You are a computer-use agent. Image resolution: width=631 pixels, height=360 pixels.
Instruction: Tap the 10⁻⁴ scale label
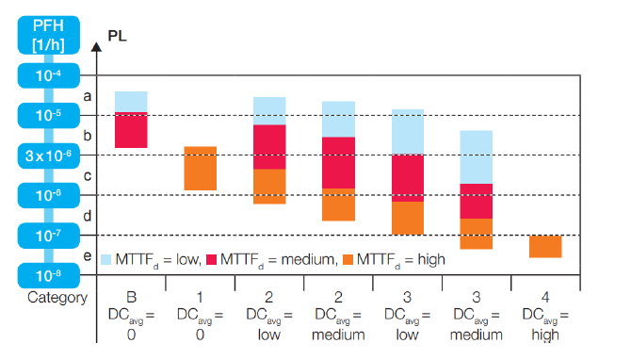pos(45,75)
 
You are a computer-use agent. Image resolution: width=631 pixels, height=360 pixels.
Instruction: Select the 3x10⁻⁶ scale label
pos(45,155)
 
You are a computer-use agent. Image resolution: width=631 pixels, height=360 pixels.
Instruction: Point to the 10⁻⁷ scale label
pos(45,236)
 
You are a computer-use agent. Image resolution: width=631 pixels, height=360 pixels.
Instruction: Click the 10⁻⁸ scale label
pos(45,275)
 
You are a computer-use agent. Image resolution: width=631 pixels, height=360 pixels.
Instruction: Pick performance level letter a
pos(88,95)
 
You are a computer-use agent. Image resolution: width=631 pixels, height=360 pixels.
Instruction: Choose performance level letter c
pos(88,175)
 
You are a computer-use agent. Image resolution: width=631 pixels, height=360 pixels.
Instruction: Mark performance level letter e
pos(88,255)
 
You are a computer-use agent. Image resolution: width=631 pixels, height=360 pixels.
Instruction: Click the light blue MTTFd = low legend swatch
pos(106,259)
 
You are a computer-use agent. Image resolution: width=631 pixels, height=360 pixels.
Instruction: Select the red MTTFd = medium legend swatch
pos(212,259)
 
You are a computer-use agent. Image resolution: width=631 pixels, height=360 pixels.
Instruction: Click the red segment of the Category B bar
pos(131,130)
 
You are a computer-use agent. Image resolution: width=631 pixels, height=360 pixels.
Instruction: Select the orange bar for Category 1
pos(200,169)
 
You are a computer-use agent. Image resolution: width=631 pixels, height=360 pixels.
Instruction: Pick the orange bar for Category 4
pos(545,246)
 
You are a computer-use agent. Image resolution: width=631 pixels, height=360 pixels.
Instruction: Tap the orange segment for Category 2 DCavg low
pos(269,187)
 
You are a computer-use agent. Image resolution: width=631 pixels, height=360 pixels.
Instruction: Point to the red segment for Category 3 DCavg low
pos(407,178)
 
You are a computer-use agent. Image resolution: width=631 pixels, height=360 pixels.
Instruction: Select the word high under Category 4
pos(545,334)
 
